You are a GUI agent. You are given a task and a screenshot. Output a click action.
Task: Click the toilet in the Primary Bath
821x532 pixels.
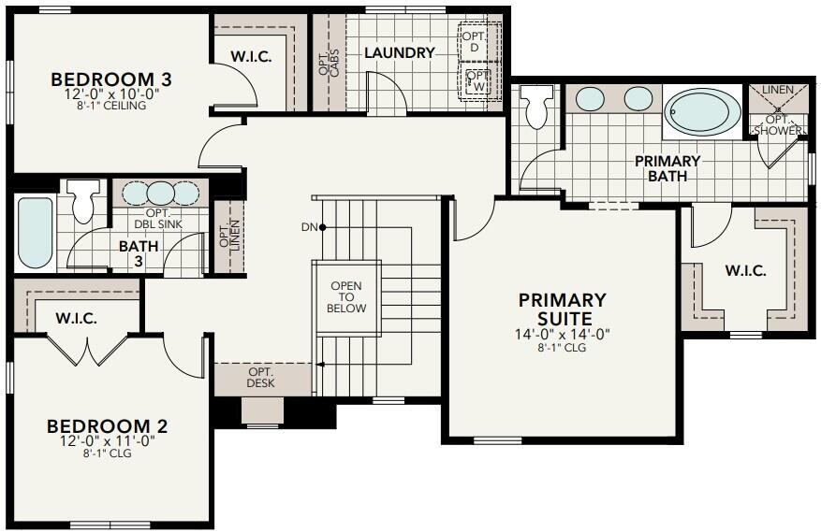click(537, 108)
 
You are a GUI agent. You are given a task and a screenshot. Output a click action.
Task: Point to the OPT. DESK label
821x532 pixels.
click(260, 378)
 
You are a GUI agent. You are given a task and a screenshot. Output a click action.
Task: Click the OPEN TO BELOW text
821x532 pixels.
click(346, 296)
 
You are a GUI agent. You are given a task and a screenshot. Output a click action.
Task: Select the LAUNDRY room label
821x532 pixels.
click(400, 53)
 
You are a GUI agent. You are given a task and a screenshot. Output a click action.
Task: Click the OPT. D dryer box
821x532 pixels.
click(474, 39)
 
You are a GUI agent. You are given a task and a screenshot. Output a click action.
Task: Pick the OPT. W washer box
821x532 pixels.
click(476, 81)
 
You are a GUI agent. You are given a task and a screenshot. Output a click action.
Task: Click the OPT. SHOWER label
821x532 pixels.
click(783, 125)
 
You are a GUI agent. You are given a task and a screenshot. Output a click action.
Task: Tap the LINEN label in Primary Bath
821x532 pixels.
click(778, 90)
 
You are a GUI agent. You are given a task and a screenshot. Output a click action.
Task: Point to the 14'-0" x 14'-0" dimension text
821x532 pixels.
click(563, 334)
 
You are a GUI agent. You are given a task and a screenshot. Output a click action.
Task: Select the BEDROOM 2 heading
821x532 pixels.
click(107, 427)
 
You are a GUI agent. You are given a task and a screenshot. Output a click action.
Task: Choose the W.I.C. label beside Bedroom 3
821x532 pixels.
click(251, 57)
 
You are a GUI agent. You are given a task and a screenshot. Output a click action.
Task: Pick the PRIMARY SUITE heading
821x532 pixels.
click(563, 309)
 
